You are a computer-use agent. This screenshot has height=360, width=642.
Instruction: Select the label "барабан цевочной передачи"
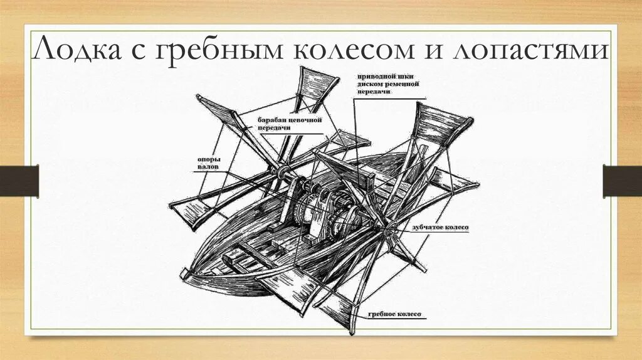(288, 123)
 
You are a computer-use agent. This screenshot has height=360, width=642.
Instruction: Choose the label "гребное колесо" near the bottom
(392, 314)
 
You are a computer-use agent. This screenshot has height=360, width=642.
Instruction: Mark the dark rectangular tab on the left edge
(19, 180)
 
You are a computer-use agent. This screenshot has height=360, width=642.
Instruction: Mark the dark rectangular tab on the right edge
(622, 180)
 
